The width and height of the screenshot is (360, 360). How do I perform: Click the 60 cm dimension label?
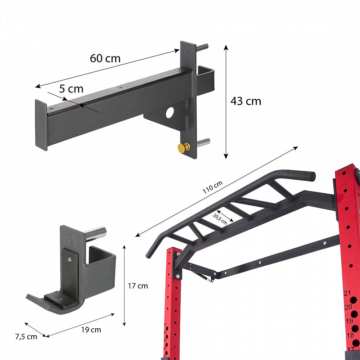105,58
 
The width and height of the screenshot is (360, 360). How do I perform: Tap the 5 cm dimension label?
71,89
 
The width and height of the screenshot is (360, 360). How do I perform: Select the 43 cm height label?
246,101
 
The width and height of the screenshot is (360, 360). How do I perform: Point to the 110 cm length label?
213,187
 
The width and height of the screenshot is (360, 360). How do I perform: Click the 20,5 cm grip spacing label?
220,219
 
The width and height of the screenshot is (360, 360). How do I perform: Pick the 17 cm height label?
138,286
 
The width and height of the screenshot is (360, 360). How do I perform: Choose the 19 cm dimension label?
91,330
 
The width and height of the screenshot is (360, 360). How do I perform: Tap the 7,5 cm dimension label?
26,337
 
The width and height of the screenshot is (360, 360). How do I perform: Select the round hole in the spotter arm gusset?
170,112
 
